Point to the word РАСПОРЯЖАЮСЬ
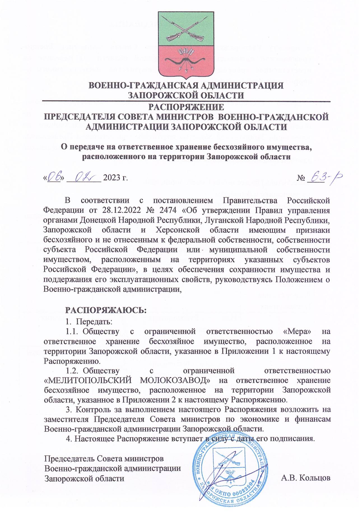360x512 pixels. (x=106, y=310)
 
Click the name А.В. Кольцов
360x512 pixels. (x=306, y=478)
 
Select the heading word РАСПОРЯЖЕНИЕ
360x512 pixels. (x=186, y=107)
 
